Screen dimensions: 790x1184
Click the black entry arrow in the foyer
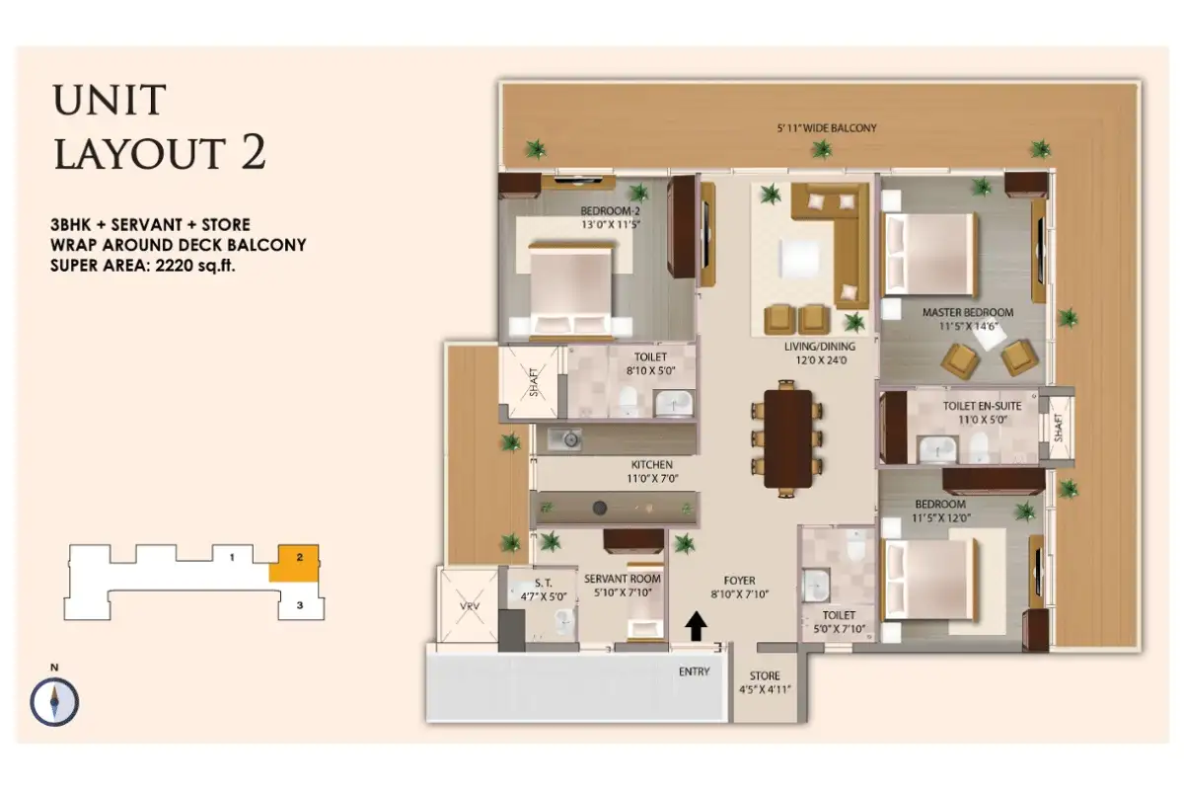(x=697, y=626)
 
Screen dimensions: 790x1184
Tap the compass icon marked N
(x=54, y=701)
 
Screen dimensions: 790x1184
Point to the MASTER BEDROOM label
(x=967, y=313)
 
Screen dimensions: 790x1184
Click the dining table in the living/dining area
(x=787, y=440)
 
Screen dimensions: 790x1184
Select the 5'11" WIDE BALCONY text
(x=826, y=128)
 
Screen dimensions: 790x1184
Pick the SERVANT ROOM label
(x=622, y=579)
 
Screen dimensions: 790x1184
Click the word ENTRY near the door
(x=694, y=671)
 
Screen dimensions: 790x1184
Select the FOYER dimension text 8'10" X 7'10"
(x=739, y=595)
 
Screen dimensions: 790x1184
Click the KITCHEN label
(x=652, y=464)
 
